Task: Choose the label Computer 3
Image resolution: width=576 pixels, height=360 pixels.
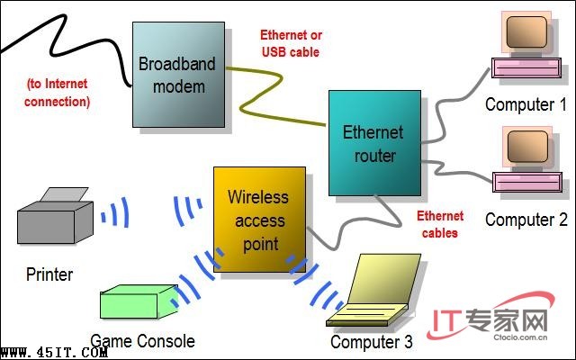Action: [x=372, y=342]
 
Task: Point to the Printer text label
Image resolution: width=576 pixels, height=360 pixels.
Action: [x=49, y=274]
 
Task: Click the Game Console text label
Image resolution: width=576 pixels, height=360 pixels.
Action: [x=142, y=341]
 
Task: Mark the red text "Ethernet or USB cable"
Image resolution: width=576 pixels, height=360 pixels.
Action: [x=291, y=43]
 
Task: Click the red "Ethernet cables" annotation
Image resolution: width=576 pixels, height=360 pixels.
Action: [x=440, y=224]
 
